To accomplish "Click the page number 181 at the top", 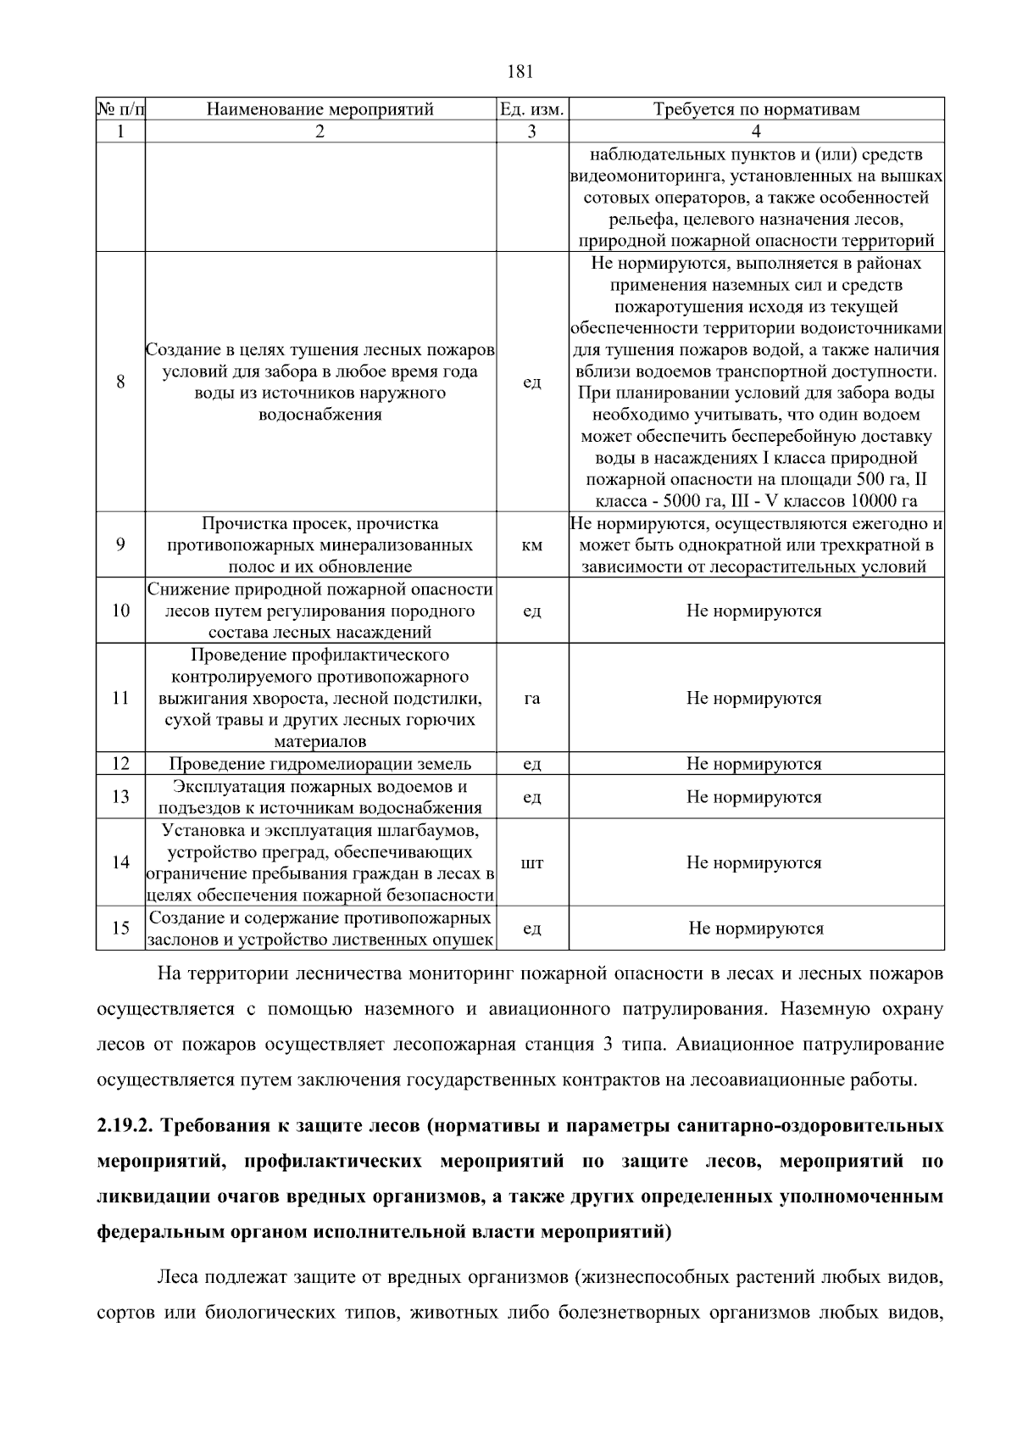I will coord(520,71).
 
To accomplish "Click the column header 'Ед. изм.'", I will coord(531,109).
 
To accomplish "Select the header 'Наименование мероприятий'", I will coord(320,109).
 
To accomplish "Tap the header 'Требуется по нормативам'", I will coord(756,109).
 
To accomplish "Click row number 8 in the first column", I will coord(120,382).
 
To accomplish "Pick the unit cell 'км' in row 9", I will coord(531,545).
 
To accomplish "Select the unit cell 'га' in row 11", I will coord(531,698).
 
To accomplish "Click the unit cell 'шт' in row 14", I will coord(531,862).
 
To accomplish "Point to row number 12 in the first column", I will coord(120,763).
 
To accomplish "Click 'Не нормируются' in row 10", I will coord(753,611).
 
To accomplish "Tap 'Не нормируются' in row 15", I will coord(756,928).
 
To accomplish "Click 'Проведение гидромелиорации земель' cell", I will coord(320,763).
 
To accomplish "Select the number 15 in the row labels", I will coord(120,928).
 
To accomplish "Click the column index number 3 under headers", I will coord(531,131).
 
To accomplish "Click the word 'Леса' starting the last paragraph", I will coord(179,1276).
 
